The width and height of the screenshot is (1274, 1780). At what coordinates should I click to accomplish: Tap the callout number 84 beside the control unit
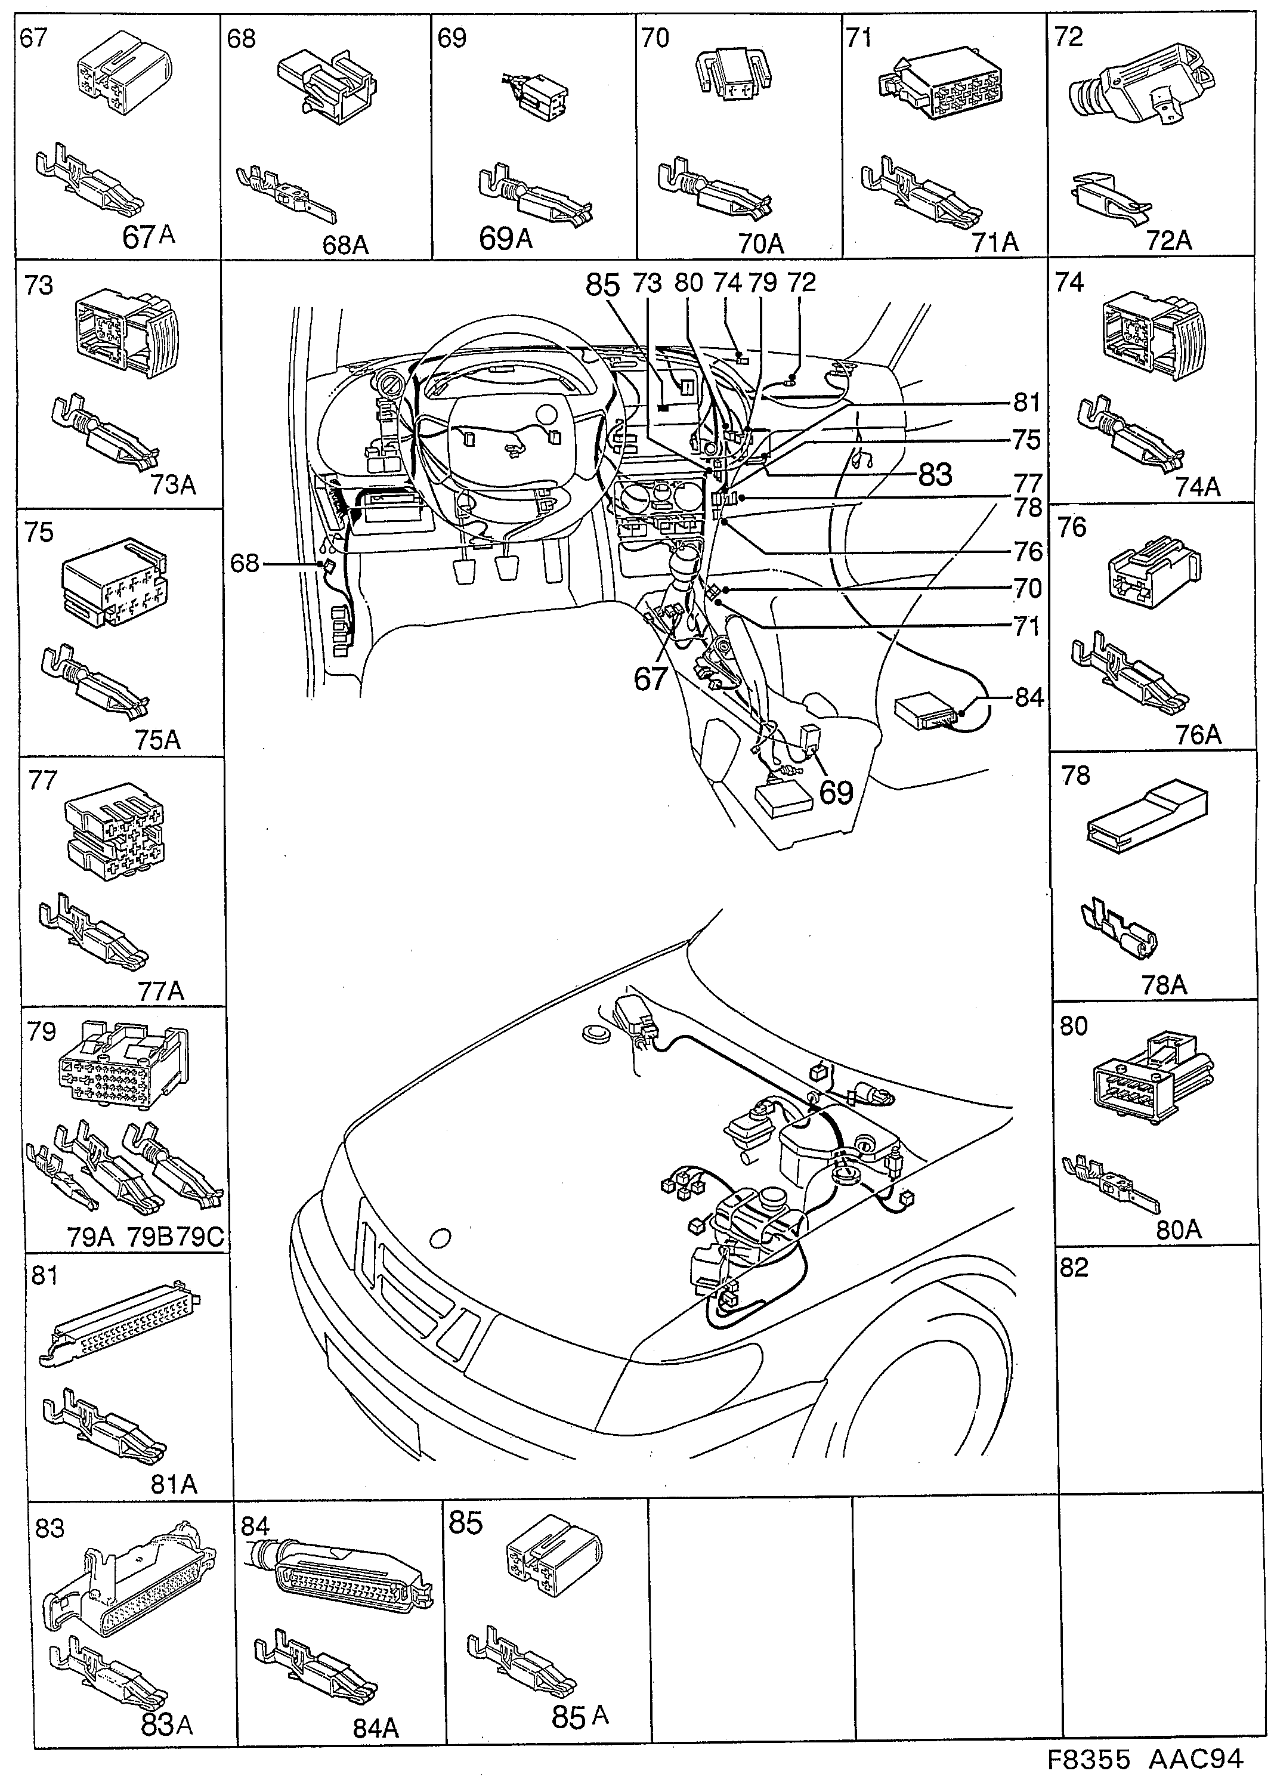pos(1028,697)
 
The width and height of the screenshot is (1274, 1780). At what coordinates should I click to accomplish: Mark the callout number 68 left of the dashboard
pos(245,563)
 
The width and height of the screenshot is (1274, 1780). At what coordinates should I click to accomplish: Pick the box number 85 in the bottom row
pos(465,1523)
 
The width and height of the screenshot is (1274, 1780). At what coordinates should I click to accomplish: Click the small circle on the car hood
pos(441,1237)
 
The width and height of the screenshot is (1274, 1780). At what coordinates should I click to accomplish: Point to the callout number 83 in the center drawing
pos(933,474)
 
